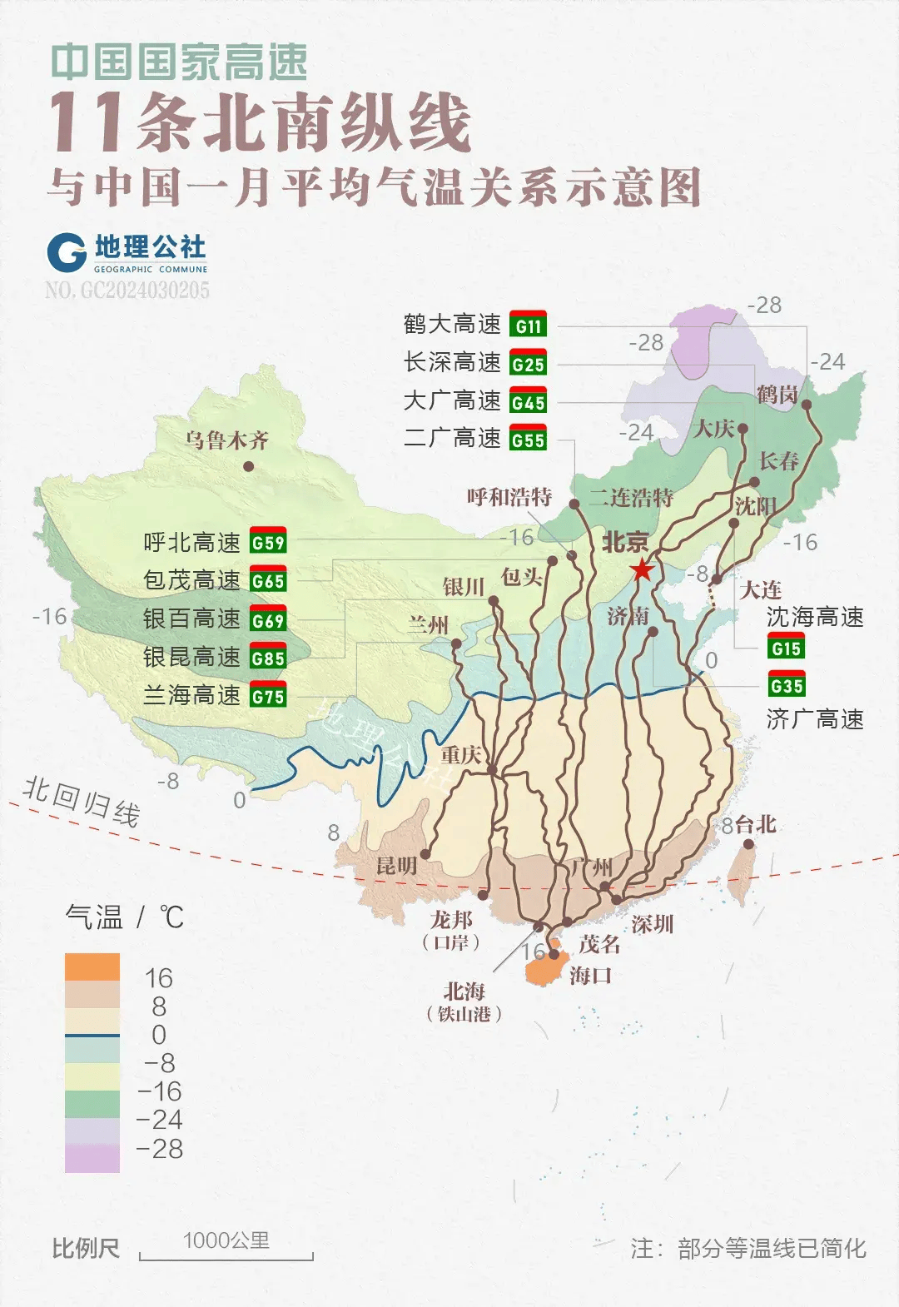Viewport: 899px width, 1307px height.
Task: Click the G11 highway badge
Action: tap(528, 326)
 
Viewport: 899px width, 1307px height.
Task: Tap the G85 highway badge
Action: tap(268, 658)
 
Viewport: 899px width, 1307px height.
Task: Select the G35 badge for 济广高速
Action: tap(787, 686)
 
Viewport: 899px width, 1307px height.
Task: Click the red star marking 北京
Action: tap(642, 570)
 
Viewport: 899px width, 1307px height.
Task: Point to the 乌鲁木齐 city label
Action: tap(226, 440)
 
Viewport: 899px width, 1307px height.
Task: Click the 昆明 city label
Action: tap(396, 866)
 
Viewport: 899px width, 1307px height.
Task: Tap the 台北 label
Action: tap(756, 825)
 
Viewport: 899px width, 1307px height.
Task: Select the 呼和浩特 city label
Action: tap(509, 497)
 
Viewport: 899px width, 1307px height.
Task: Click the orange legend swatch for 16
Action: tap(92, 967)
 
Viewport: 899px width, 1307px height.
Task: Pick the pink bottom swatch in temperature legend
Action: tap(92, 1158)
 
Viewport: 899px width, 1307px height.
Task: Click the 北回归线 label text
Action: tap(81, 801)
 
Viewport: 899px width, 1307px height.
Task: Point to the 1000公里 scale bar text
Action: tap(226, 1240)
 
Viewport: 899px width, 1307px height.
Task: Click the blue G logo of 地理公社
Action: tap(67, 252)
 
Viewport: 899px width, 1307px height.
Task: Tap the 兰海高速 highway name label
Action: tap(191, 695)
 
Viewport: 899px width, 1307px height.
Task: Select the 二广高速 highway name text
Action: tap(452, 438)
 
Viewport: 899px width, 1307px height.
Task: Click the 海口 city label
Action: tap(590, 975)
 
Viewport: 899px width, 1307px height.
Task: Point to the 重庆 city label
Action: tap(461, 755)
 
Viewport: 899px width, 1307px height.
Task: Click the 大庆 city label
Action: tap(714, 429)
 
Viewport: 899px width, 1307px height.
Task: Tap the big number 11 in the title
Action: tap(87, 123)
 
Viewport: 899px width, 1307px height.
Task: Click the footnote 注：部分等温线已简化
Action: tap(748, 1249)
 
